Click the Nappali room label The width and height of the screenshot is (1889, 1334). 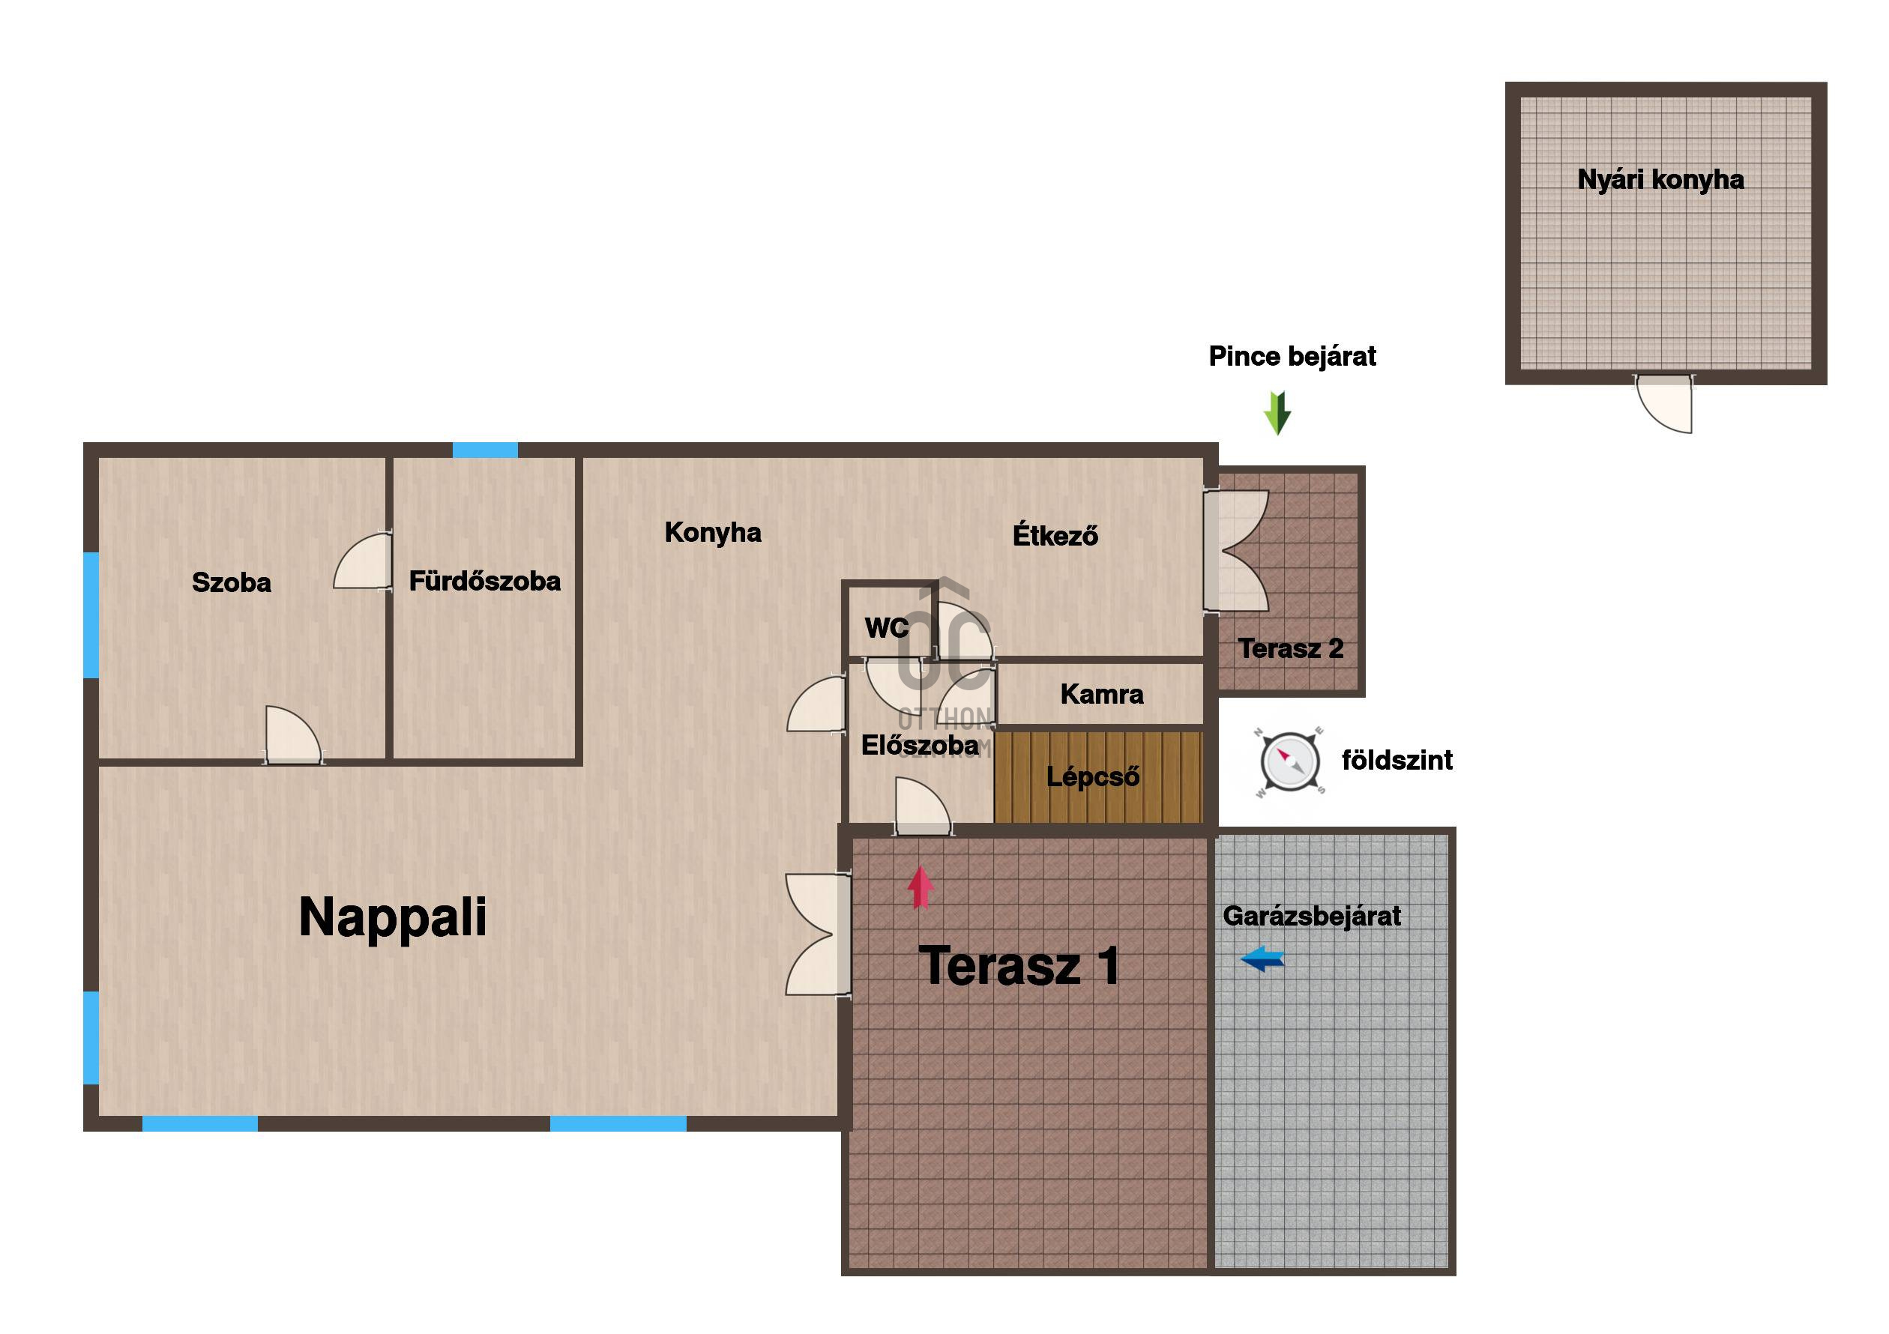[393, 918]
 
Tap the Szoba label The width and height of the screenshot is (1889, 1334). [231, 582]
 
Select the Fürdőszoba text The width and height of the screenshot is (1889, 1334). [484, 581]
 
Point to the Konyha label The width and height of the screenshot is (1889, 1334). [712, 532]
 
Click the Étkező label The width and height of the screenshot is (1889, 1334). [1055, 534]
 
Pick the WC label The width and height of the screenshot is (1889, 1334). [886, 628]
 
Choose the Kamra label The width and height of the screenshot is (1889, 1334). [1102, 694]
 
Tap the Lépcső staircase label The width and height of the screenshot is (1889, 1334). [1093, 776]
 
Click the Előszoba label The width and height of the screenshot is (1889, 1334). [920, 745]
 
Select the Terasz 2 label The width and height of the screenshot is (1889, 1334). [1290, 648]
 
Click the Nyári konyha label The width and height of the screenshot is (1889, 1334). [1660, 180]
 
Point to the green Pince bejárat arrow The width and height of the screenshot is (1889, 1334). [1277, 414]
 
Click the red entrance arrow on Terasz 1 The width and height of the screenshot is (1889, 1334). [921, 888]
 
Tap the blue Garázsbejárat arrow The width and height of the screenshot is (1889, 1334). [1262, 958]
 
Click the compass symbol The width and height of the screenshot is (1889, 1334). [1290, 761]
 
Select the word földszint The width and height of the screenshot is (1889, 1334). [1397, 760]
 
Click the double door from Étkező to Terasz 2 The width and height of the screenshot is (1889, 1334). [1236, 551]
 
